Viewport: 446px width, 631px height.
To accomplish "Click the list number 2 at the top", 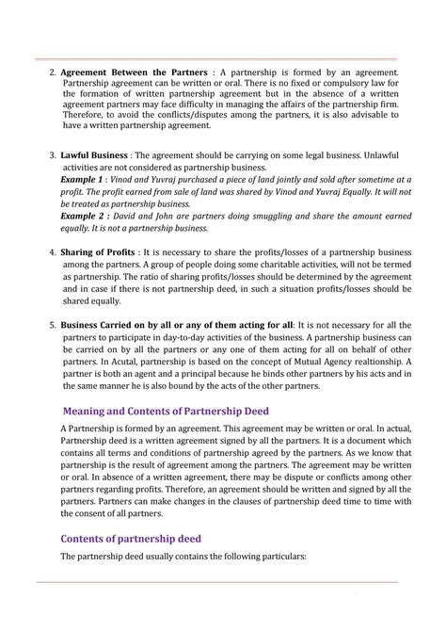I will pyautogui.click(x=52, y=73).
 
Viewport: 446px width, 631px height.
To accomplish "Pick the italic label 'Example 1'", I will pyautogui.click(x=83, y=179).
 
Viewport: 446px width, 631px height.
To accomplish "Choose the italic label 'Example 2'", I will pyautogui.click(x=83, y=216).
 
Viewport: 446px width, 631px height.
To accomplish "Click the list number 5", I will pyautogui.click(x=52, y=325).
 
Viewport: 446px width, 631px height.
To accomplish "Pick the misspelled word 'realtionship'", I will pyautogui.click(x=395, y=362).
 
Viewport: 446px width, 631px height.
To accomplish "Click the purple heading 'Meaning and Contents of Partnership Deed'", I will pyautogui.click(x=166, y=411).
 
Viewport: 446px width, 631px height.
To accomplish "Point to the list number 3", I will pyautogui.click(x=52, y=154).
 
